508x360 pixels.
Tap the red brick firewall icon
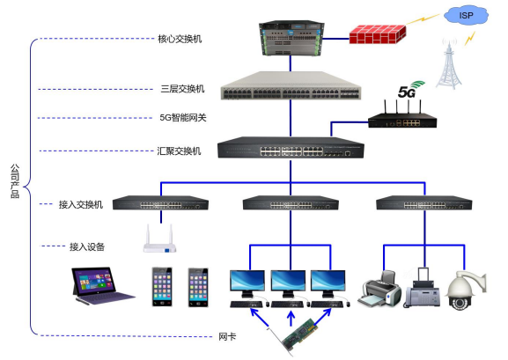click(377, 34)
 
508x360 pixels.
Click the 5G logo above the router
click(407, 92)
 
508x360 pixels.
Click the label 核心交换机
click(180, 39)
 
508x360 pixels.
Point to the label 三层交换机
click(182, 89)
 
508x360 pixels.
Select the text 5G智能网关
click(182, 116)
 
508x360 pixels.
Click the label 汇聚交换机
click(180, 151)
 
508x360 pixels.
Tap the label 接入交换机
click(81, 204)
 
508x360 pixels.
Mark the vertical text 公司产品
click(14, 180)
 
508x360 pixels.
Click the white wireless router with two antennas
click(159, 240)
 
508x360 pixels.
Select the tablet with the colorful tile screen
click(99, 285)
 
